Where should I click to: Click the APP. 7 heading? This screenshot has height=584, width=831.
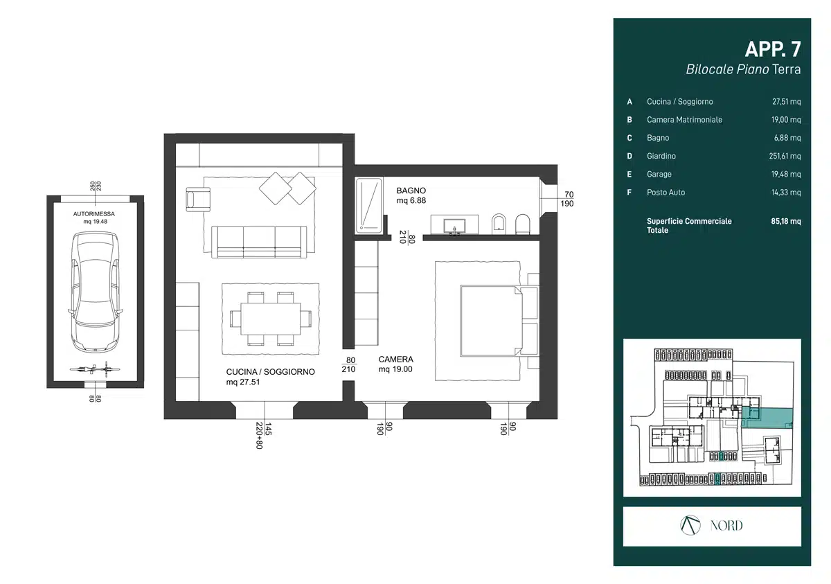(773, 49)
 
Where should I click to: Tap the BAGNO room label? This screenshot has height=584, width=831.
(411, 191)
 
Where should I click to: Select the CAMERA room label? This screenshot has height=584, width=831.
(396, 359)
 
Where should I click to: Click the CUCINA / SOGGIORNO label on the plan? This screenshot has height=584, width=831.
(271, 372)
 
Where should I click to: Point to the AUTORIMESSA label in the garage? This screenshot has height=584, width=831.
(94, 213)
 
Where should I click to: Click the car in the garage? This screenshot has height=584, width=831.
(96, 292)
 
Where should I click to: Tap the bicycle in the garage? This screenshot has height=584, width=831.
(95, 369)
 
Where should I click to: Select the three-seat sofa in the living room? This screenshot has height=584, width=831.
(259, 242)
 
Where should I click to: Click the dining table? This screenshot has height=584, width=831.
(271, 319)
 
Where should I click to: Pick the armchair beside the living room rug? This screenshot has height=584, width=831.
(198, 200)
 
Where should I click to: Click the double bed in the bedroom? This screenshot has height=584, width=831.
(490, 321)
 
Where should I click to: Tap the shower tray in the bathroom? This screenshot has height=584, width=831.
(368, 206)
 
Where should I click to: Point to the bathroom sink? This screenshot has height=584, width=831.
(454, 225)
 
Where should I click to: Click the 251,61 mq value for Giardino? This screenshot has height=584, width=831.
(785, 156)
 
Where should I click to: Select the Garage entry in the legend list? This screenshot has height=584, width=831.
(659, 174)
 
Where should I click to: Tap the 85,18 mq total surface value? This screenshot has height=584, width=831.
(786, 221)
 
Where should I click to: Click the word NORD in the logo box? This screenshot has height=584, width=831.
(726, 525)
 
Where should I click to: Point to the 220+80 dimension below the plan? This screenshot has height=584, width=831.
(259, 436)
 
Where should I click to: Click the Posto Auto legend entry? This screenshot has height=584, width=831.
(666, 192)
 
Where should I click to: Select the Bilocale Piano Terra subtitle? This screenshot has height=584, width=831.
(743, 69)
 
